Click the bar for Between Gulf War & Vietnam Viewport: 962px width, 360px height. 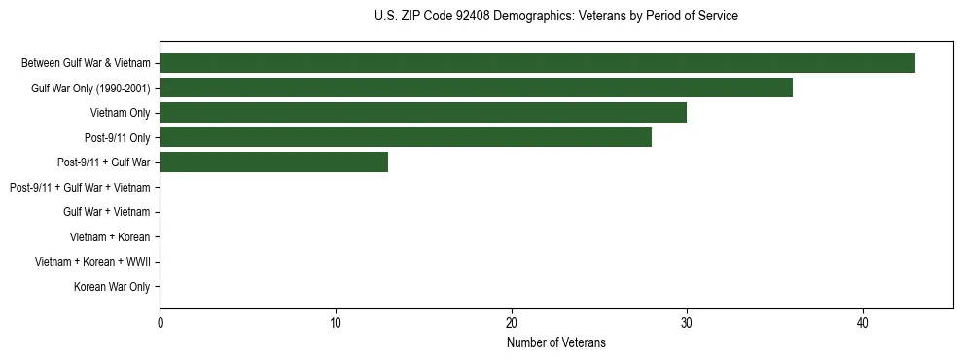click(x=537, y=63)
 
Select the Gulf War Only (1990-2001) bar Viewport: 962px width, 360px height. click(x=476, y=89)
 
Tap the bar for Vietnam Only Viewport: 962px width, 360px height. click(x=423, y=113)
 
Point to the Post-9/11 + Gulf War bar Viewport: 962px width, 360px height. click(x=273, y=162)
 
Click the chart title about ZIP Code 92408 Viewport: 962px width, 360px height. click(x=555, y=17)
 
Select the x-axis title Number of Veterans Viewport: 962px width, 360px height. click(x=555, y=342)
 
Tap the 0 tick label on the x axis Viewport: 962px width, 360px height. click(x=160, y=323)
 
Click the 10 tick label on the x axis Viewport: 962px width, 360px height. click(x=336, y=323)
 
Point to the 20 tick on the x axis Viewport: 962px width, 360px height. click(x=511, y=323)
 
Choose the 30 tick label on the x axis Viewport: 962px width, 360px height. click(x=687, y=323)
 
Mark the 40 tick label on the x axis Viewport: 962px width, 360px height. click(x=863, y=323)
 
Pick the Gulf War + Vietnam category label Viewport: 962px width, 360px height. click(x=107, y=212)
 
